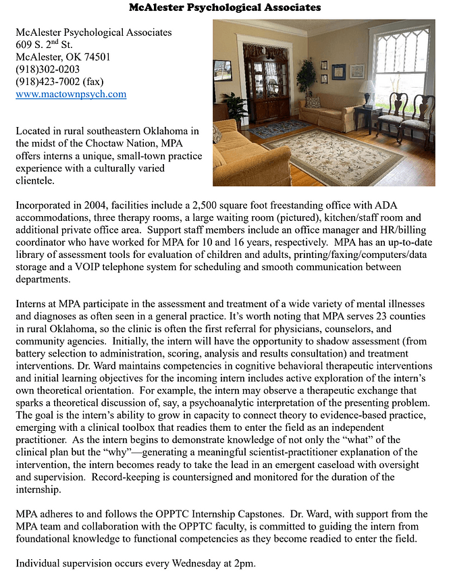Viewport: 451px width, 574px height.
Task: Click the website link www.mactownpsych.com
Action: pos(71,95)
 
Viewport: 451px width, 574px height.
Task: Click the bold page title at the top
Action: pos(225,8)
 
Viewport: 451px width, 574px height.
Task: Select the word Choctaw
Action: pos(118,142)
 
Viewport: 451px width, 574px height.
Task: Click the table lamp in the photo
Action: pos(367,89)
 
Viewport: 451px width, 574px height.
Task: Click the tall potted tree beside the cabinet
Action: pos(306,81)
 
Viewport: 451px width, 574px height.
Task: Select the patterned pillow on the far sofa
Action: pos(313,102)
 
